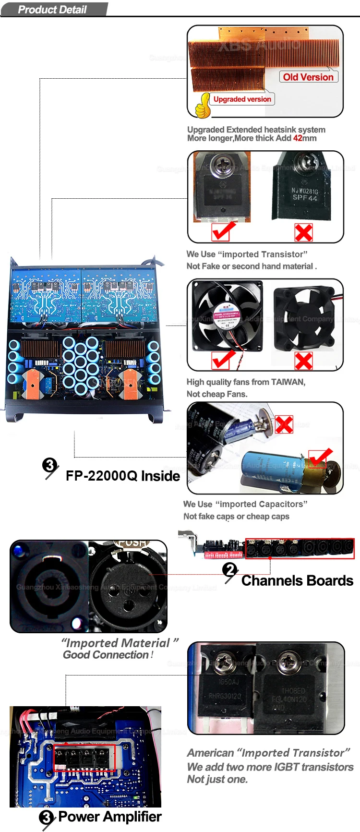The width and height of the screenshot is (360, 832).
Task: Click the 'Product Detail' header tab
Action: click(x=52, y=10)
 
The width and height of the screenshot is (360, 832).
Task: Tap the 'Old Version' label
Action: click(x=308, y=77)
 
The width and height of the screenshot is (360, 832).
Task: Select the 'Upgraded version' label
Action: click(x=242, y=99)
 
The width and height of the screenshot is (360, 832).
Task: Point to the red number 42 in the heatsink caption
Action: click(x=298, y=138)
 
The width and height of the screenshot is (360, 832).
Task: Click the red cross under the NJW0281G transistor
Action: click(x=303, y=233)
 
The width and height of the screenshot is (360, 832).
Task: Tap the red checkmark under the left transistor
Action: click(x=223, y=231)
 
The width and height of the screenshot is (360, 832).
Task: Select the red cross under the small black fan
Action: click(x=303, y=361)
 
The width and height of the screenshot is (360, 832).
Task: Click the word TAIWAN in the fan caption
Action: click(x=288, y=382)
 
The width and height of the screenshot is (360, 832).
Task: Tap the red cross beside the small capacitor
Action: click(x=284, y=424)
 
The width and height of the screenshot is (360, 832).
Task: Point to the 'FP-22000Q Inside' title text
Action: click(x=123, y=476)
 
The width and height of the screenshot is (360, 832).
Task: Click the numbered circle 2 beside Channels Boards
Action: click(x=230, y=570)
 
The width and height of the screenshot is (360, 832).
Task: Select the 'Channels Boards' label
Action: click(x=297, y=581)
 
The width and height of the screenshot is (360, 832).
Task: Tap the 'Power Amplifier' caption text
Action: click(x=110, y=817)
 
